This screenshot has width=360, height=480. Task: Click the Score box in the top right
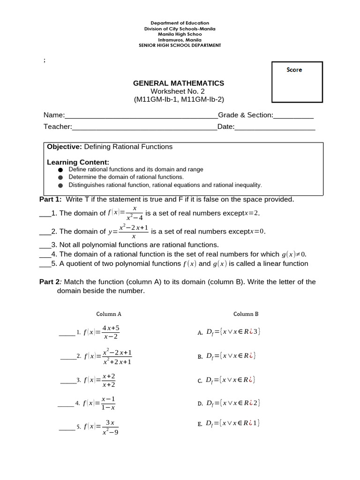tap(297, 82)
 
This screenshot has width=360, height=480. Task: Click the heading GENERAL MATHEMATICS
tap(179, 83)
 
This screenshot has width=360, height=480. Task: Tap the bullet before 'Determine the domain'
tap(60, 178)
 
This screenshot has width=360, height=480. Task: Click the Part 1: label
tap(50, 199)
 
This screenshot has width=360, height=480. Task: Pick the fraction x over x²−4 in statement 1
tap(135, 213)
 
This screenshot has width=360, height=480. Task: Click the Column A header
tap(109, 314)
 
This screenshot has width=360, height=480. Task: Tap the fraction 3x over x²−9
tap(110, 427)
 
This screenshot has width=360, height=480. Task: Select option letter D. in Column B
tap(200, 403)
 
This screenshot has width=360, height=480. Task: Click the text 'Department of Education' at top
tap(180, 23)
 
